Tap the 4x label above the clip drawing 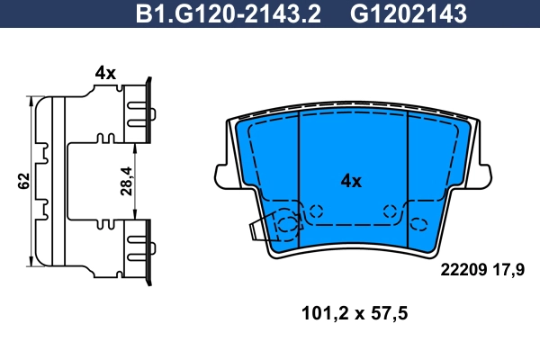click(105, 73)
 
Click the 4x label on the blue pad click(350, 181)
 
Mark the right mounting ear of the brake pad click(483, 172)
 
